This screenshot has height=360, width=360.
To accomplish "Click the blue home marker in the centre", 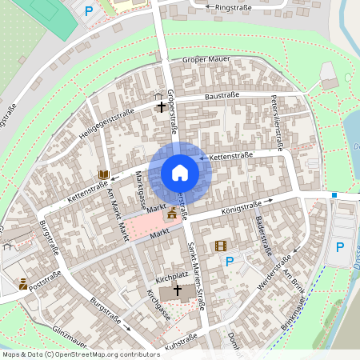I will click(x=180, y=172).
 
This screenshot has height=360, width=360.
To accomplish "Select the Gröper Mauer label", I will click(x=206, y=59).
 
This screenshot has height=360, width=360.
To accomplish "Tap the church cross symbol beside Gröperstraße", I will click(x=162, y=106).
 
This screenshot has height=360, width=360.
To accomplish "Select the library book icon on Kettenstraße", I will click(x=103, y=174).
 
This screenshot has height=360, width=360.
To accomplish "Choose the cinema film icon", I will click(x=221, y=246).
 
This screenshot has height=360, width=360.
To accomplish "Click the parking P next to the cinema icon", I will click(x=230, y=261).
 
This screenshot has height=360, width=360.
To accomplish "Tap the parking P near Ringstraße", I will click(x=89, y=10).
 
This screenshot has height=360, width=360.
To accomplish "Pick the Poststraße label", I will click(x=46, y=282).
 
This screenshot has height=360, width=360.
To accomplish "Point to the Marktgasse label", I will click(x=141, y=189).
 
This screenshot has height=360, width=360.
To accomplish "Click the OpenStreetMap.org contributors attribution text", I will click(x=108, y=354).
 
